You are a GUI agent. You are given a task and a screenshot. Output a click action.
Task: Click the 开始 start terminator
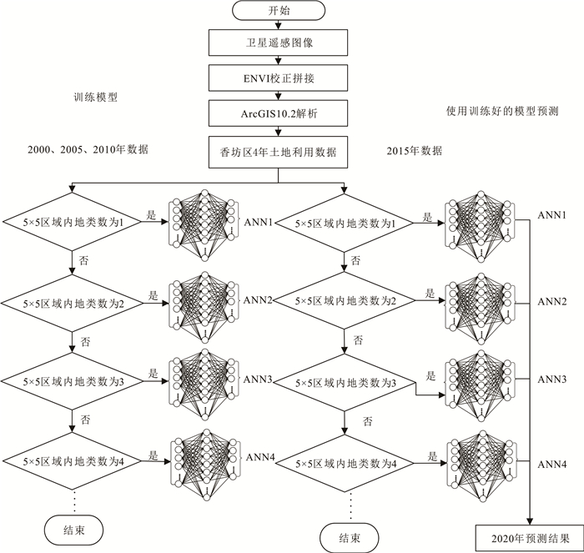[276, 11]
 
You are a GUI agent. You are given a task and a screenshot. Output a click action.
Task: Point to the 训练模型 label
[95, 97]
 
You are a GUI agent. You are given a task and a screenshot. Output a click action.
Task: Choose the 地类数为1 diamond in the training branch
[74, 224]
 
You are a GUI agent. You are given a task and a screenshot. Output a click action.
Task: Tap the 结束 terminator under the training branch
[73, 528]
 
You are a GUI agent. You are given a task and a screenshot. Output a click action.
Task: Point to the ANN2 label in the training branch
[259, 299]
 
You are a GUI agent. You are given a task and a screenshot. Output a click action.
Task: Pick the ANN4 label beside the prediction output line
[552, 464]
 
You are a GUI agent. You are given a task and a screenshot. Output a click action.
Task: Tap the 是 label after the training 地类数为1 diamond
[152, 214]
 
